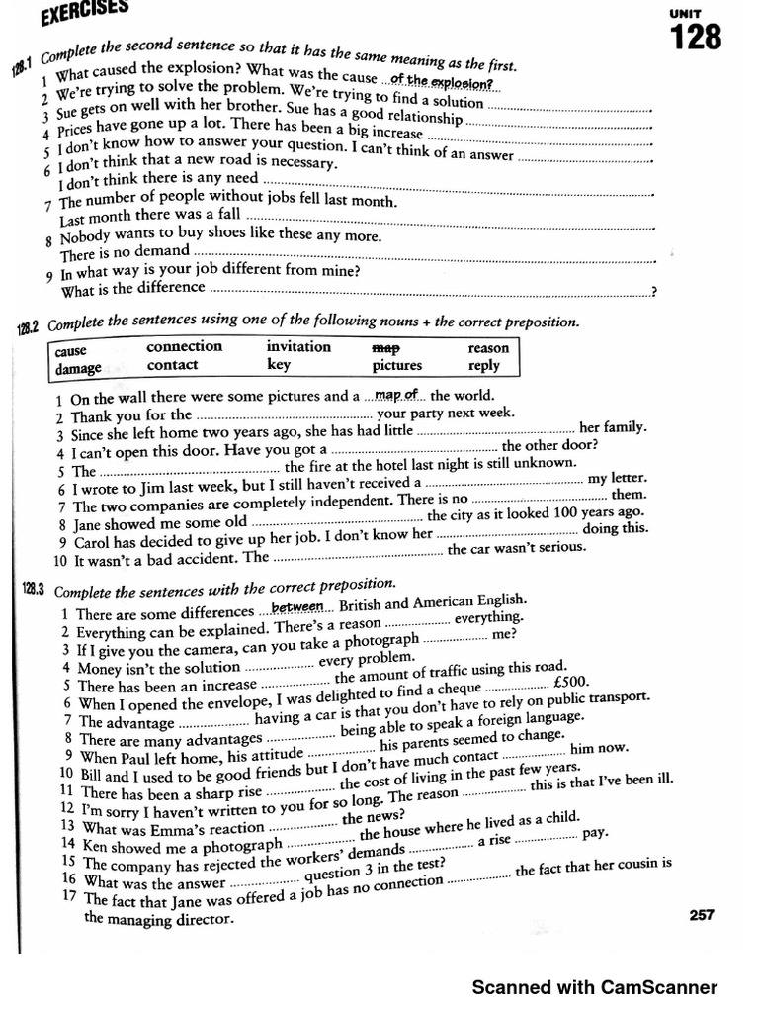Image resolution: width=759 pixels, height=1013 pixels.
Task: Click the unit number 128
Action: [x=696, y=39]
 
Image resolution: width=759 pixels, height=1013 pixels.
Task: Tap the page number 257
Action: [x=701, y=915]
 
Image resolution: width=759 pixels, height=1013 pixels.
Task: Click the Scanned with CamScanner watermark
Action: [x=594, y=986]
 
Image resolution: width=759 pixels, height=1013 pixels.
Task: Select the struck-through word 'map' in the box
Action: [x=384, y=348]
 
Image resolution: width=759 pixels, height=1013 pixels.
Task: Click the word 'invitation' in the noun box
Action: [x=298, y=346]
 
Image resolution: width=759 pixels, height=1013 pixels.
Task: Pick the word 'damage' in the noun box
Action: [x=78, y=369]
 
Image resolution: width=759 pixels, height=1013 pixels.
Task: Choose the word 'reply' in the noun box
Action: [x=483, y=366]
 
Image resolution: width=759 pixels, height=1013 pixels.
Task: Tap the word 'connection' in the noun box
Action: [x=184, y=347]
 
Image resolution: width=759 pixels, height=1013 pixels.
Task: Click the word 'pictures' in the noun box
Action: [x=396, y=365]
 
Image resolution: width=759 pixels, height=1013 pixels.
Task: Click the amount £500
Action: [x=572, y=681]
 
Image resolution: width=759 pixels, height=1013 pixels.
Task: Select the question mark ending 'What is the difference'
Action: [x=653, y=292]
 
